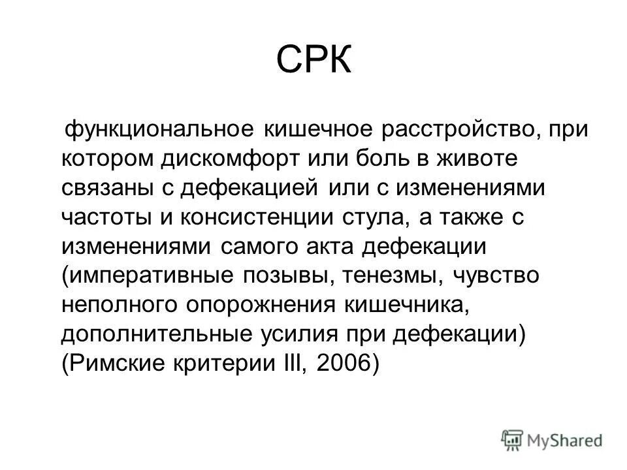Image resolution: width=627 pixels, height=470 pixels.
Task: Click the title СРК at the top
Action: point(313,61)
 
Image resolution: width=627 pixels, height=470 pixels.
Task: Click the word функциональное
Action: point(157,129)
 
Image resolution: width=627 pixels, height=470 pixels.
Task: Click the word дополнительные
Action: point(151,335)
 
